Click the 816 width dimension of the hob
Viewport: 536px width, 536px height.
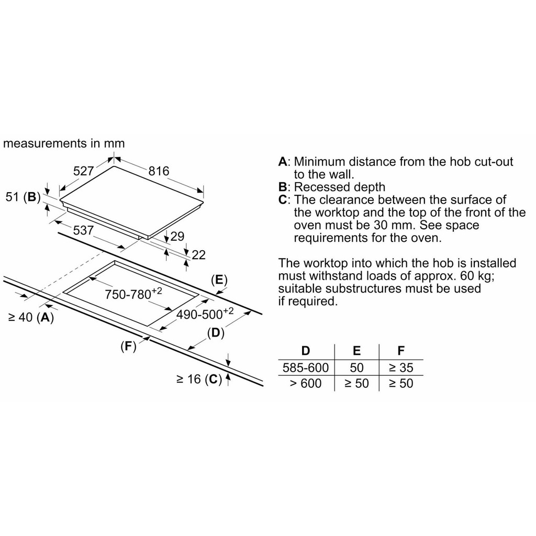coord(159,171)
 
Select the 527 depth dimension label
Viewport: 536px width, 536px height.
coord(83,171)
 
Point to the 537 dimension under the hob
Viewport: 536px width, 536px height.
coord(83,230)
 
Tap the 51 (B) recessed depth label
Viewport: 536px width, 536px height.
coord(23,197)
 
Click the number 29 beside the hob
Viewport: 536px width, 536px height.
coord(177,236)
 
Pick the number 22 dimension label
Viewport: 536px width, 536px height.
coord(199,255)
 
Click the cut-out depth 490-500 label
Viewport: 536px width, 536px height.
coord(205,314)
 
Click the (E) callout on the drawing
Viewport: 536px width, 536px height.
coord(219,280)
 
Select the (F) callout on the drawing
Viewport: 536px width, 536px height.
coord(128,346)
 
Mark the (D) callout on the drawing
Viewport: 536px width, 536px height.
coord(215,332)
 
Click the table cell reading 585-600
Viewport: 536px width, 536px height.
coord(306,367)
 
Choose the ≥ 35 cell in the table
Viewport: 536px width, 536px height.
coord(400,367)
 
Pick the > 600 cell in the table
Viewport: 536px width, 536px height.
coord(306,384)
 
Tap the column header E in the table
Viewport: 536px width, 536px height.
coord(356,351)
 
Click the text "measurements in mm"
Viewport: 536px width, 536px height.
coord(64,143)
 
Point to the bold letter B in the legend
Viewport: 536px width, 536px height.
coord(283,187)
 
